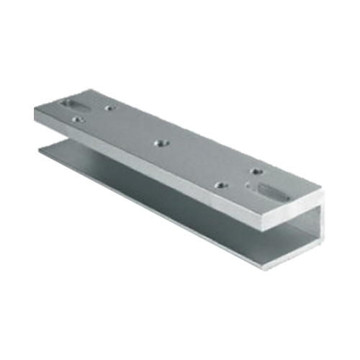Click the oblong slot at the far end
point(73,103)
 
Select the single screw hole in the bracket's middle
point(159,143)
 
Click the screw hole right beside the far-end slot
point(107,109)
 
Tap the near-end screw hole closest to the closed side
point(256,171)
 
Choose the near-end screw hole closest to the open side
point(220,185)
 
